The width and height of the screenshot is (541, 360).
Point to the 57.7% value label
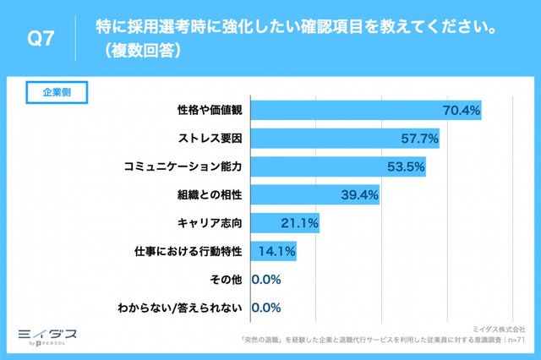(x=418, y=138)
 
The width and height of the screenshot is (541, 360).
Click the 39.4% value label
(x=359, y=195)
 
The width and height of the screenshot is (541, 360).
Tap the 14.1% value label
(x=276, y=252)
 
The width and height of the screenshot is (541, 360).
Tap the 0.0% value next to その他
(x=266, y=280)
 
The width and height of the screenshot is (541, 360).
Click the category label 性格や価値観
(x=210, y=110)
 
